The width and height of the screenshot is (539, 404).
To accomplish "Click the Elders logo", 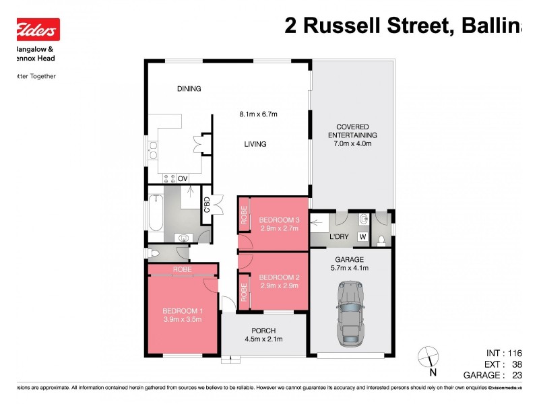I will [38, 30].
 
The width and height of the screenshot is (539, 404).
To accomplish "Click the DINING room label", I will [189, 89].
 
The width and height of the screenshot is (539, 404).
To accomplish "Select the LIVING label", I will [255, 144].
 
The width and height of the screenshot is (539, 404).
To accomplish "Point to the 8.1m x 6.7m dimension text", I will [259, 114].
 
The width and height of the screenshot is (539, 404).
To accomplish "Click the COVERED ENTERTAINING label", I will [352, 131].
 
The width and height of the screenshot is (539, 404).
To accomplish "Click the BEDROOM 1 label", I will [183, 311].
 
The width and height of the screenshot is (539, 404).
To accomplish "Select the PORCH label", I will [263, 330].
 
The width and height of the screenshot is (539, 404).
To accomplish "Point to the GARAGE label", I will [350, 259].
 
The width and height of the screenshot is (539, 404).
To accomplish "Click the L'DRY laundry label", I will [338, 237].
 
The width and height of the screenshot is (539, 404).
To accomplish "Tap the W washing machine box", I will [362, 237].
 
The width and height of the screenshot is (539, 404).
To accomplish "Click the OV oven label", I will [182, 178].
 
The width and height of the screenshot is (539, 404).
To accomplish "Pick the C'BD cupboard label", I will [208, 203].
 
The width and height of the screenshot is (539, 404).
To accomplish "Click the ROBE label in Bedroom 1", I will [182, 270].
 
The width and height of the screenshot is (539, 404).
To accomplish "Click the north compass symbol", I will [426, 357].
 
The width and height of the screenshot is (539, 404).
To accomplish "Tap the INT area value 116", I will [515, 353].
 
